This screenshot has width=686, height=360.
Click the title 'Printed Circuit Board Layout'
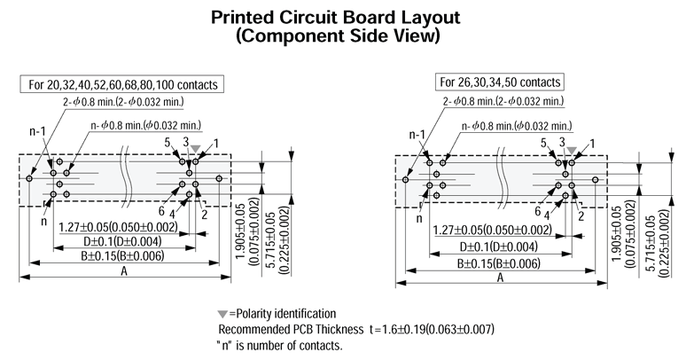(343, 18)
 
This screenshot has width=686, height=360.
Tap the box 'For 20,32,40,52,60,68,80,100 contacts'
(123, 85)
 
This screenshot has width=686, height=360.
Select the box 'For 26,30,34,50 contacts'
(501, 83)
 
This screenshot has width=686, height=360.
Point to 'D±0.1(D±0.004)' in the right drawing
(497, 246)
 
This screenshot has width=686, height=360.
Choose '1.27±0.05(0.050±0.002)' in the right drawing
(492, 231)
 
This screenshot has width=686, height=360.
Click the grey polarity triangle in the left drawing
(195, 149)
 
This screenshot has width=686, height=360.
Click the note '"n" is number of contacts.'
(279, 344)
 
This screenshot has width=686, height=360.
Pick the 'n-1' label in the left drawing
(38, 133)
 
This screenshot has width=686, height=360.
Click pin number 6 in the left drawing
(162, 210)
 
